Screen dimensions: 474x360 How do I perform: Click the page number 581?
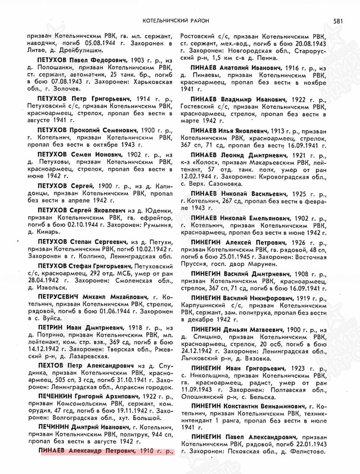point(339,20)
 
